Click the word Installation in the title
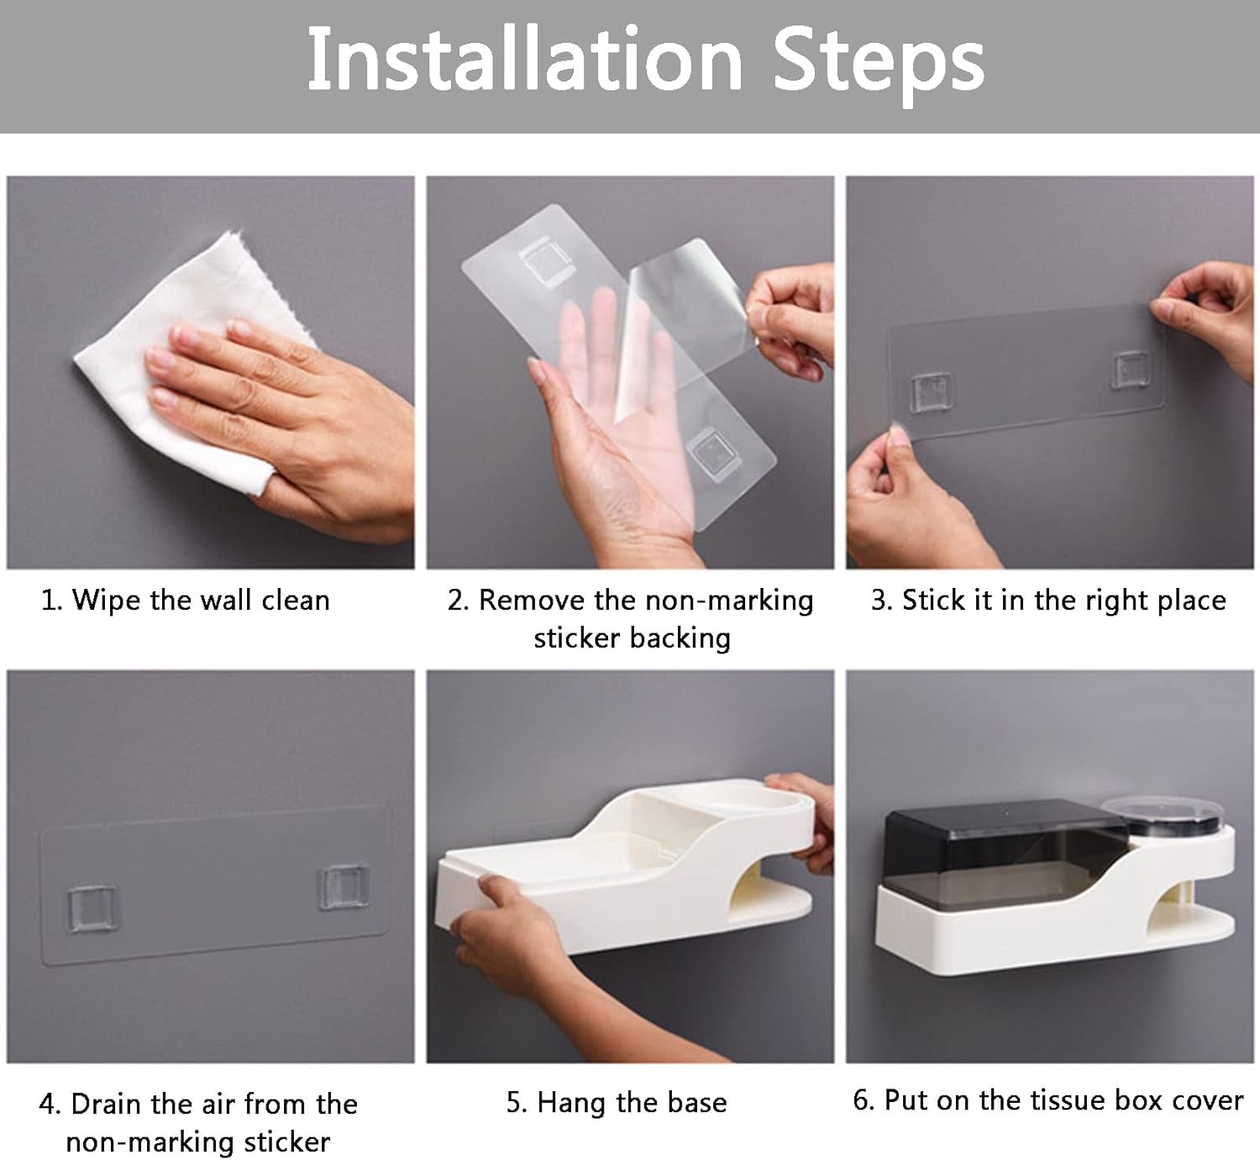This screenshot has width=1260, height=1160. pos(525,60)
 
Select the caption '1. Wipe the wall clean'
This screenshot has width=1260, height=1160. pos(186,600)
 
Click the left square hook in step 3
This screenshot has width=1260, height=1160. pos(930,392)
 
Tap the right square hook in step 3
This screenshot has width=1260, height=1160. pos(1131,370)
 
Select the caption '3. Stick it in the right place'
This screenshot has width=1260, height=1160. pos(1048,600)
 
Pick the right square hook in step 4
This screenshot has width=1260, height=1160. pos(343,887)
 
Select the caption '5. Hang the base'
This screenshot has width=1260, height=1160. pos(617,1103)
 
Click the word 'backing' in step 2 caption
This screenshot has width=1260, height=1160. pos(680,638)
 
